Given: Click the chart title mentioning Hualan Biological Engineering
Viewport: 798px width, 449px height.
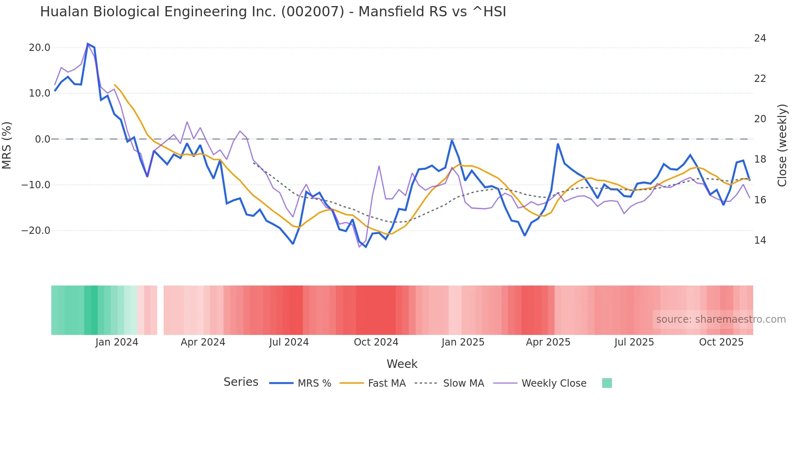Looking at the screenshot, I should (273, 12).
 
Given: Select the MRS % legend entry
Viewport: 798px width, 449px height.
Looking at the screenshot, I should (314, 383).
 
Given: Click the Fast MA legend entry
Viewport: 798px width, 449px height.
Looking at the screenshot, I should (386, 383).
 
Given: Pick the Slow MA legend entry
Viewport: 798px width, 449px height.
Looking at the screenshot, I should (463, 383).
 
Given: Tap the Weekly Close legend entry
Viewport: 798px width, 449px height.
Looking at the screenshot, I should (554, 383).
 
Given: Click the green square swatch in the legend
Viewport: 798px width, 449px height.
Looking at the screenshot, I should (607, 383).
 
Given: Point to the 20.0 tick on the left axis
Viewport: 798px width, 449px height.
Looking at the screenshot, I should (39, 48).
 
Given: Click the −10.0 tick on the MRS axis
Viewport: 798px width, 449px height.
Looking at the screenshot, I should (36, 185).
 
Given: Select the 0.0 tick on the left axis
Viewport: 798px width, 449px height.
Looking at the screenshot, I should (43, 139).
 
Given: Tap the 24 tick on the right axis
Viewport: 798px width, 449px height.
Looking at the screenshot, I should (760, 38).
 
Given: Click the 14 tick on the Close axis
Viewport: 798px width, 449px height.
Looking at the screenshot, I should (760, 240).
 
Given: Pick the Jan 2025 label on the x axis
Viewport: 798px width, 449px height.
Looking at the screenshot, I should (463, 342).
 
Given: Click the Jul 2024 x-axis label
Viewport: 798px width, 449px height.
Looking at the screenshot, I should (289, 342).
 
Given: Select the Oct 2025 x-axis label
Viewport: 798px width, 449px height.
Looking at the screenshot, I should (721, 342).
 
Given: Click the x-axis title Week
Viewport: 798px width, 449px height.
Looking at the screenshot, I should (402, 364).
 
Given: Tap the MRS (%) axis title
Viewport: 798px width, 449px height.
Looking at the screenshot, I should (7, 145).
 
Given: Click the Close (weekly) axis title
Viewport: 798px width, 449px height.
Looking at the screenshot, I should (782, 145).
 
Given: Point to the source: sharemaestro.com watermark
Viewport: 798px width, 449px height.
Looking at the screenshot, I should (721, 319).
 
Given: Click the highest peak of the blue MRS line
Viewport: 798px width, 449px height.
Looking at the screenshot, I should (88, 44).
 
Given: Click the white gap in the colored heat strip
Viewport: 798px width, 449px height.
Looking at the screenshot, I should (160, 310).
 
